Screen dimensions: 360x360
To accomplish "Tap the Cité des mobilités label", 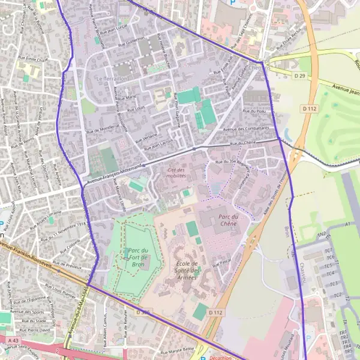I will click(177, 172).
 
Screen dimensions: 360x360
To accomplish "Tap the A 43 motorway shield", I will click(13, 340).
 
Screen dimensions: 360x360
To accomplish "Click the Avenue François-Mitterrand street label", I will click(114, 172).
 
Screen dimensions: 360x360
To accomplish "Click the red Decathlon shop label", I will click(220, 357).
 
